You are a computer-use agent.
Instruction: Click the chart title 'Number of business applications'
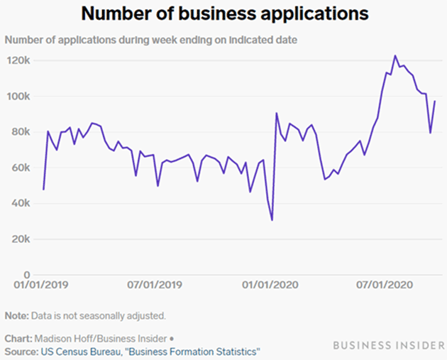click(x=223, y=13)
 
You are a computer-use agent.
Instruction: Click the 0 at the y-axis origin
click(x=26, y=275)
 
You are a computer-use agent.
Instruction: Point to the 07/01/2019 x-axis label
click(x=155, y=285)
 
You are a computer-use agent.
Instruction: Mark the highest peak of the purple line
click(x=395, y=55)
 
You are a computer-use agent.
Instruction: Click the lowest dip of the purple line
click(x=272, y=220)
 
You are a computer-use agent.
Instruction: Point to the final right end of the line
click(x=435, y=102)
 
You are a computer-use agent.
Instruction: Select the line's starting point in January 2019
click(x=43, y=189)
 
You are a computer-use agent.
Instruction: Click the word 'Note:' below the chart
click(x=17, y=315)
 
